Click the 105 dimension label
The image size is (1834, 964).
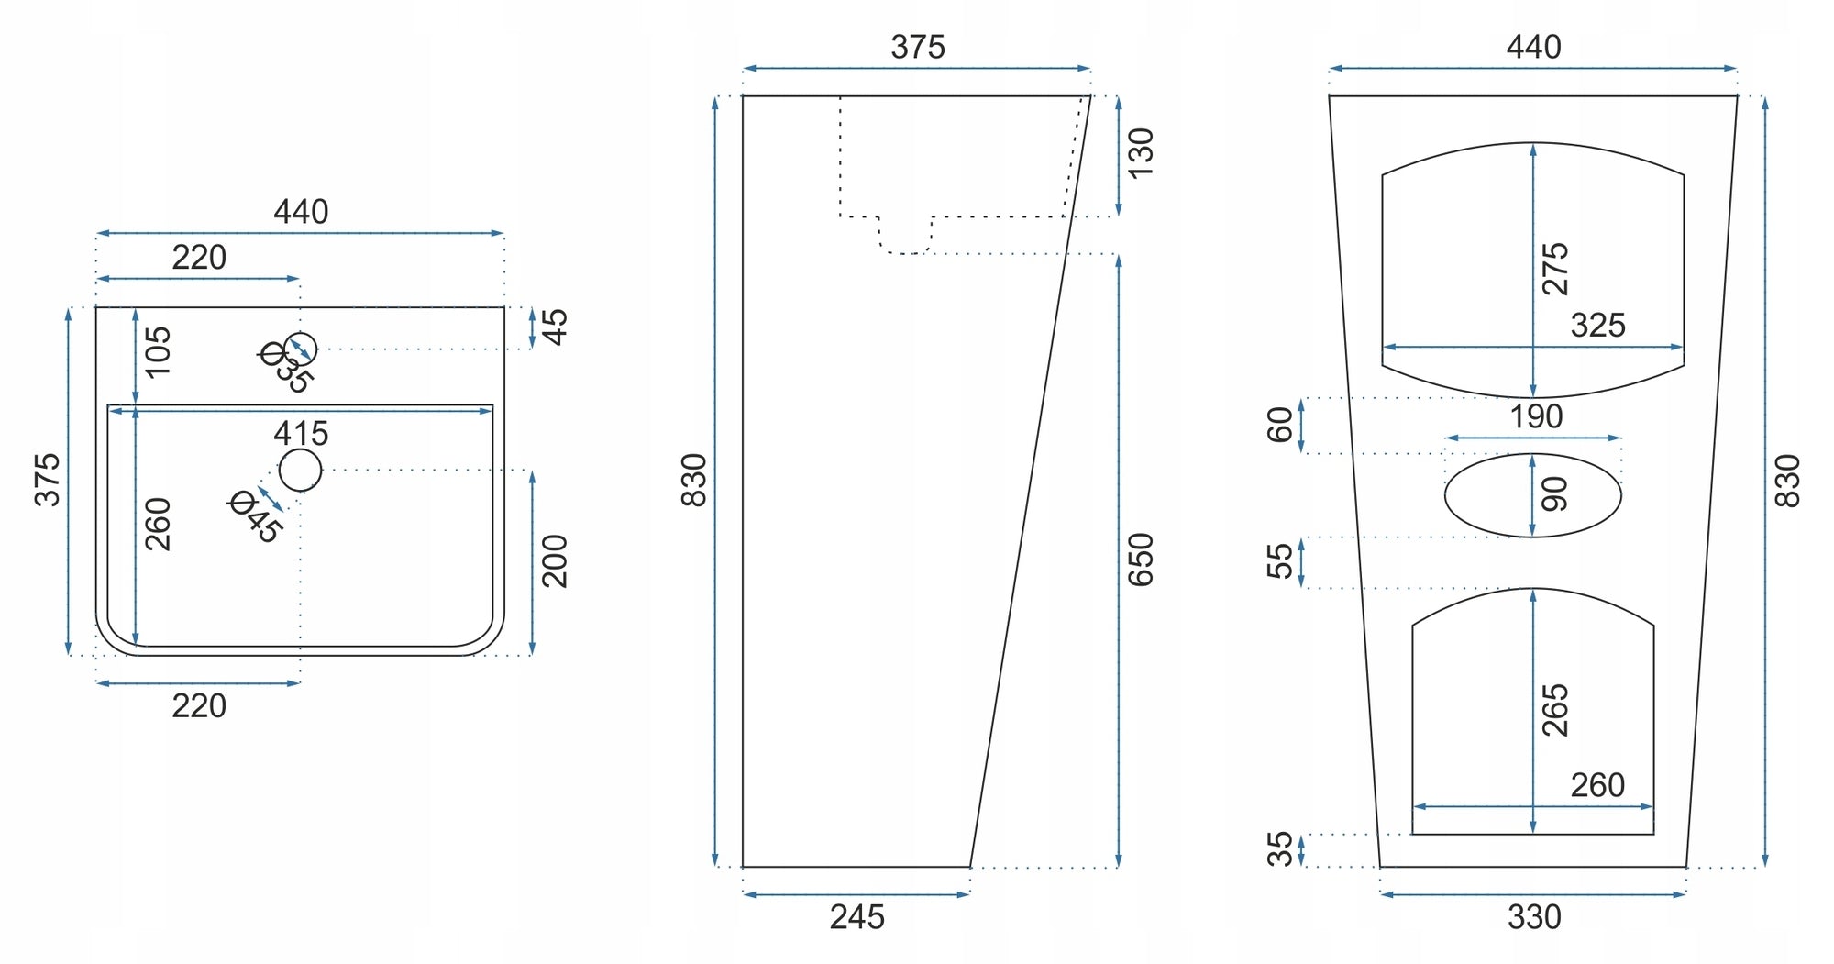pos(158,351)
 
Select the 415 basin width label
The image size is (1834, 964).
pos(301,433)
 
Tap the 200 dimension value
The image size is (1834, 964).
pos(555,561)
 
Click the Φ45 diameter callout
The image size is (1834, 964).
pos(255,516)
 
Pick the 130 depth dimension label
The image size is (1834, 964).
pos(1140,154)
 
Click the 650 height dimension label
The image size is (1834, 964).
pos(1140,560)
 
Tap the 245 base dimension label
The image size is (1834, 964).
pos(857,916)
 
